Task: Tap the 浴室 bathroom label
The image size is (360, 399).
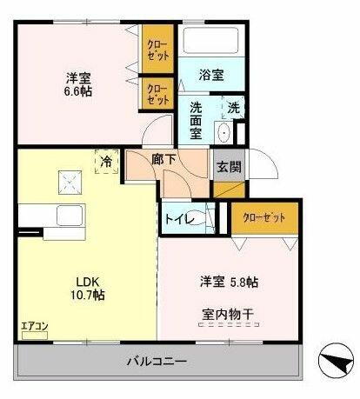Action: click(211, 75)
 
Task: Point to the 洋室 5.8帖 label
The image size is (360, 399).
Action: click(228, 282)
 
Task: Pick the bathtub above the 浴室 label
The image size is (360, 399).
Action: click(212, 43)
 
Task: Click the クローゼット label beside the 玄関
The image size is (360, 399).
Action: click(264, 216)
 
